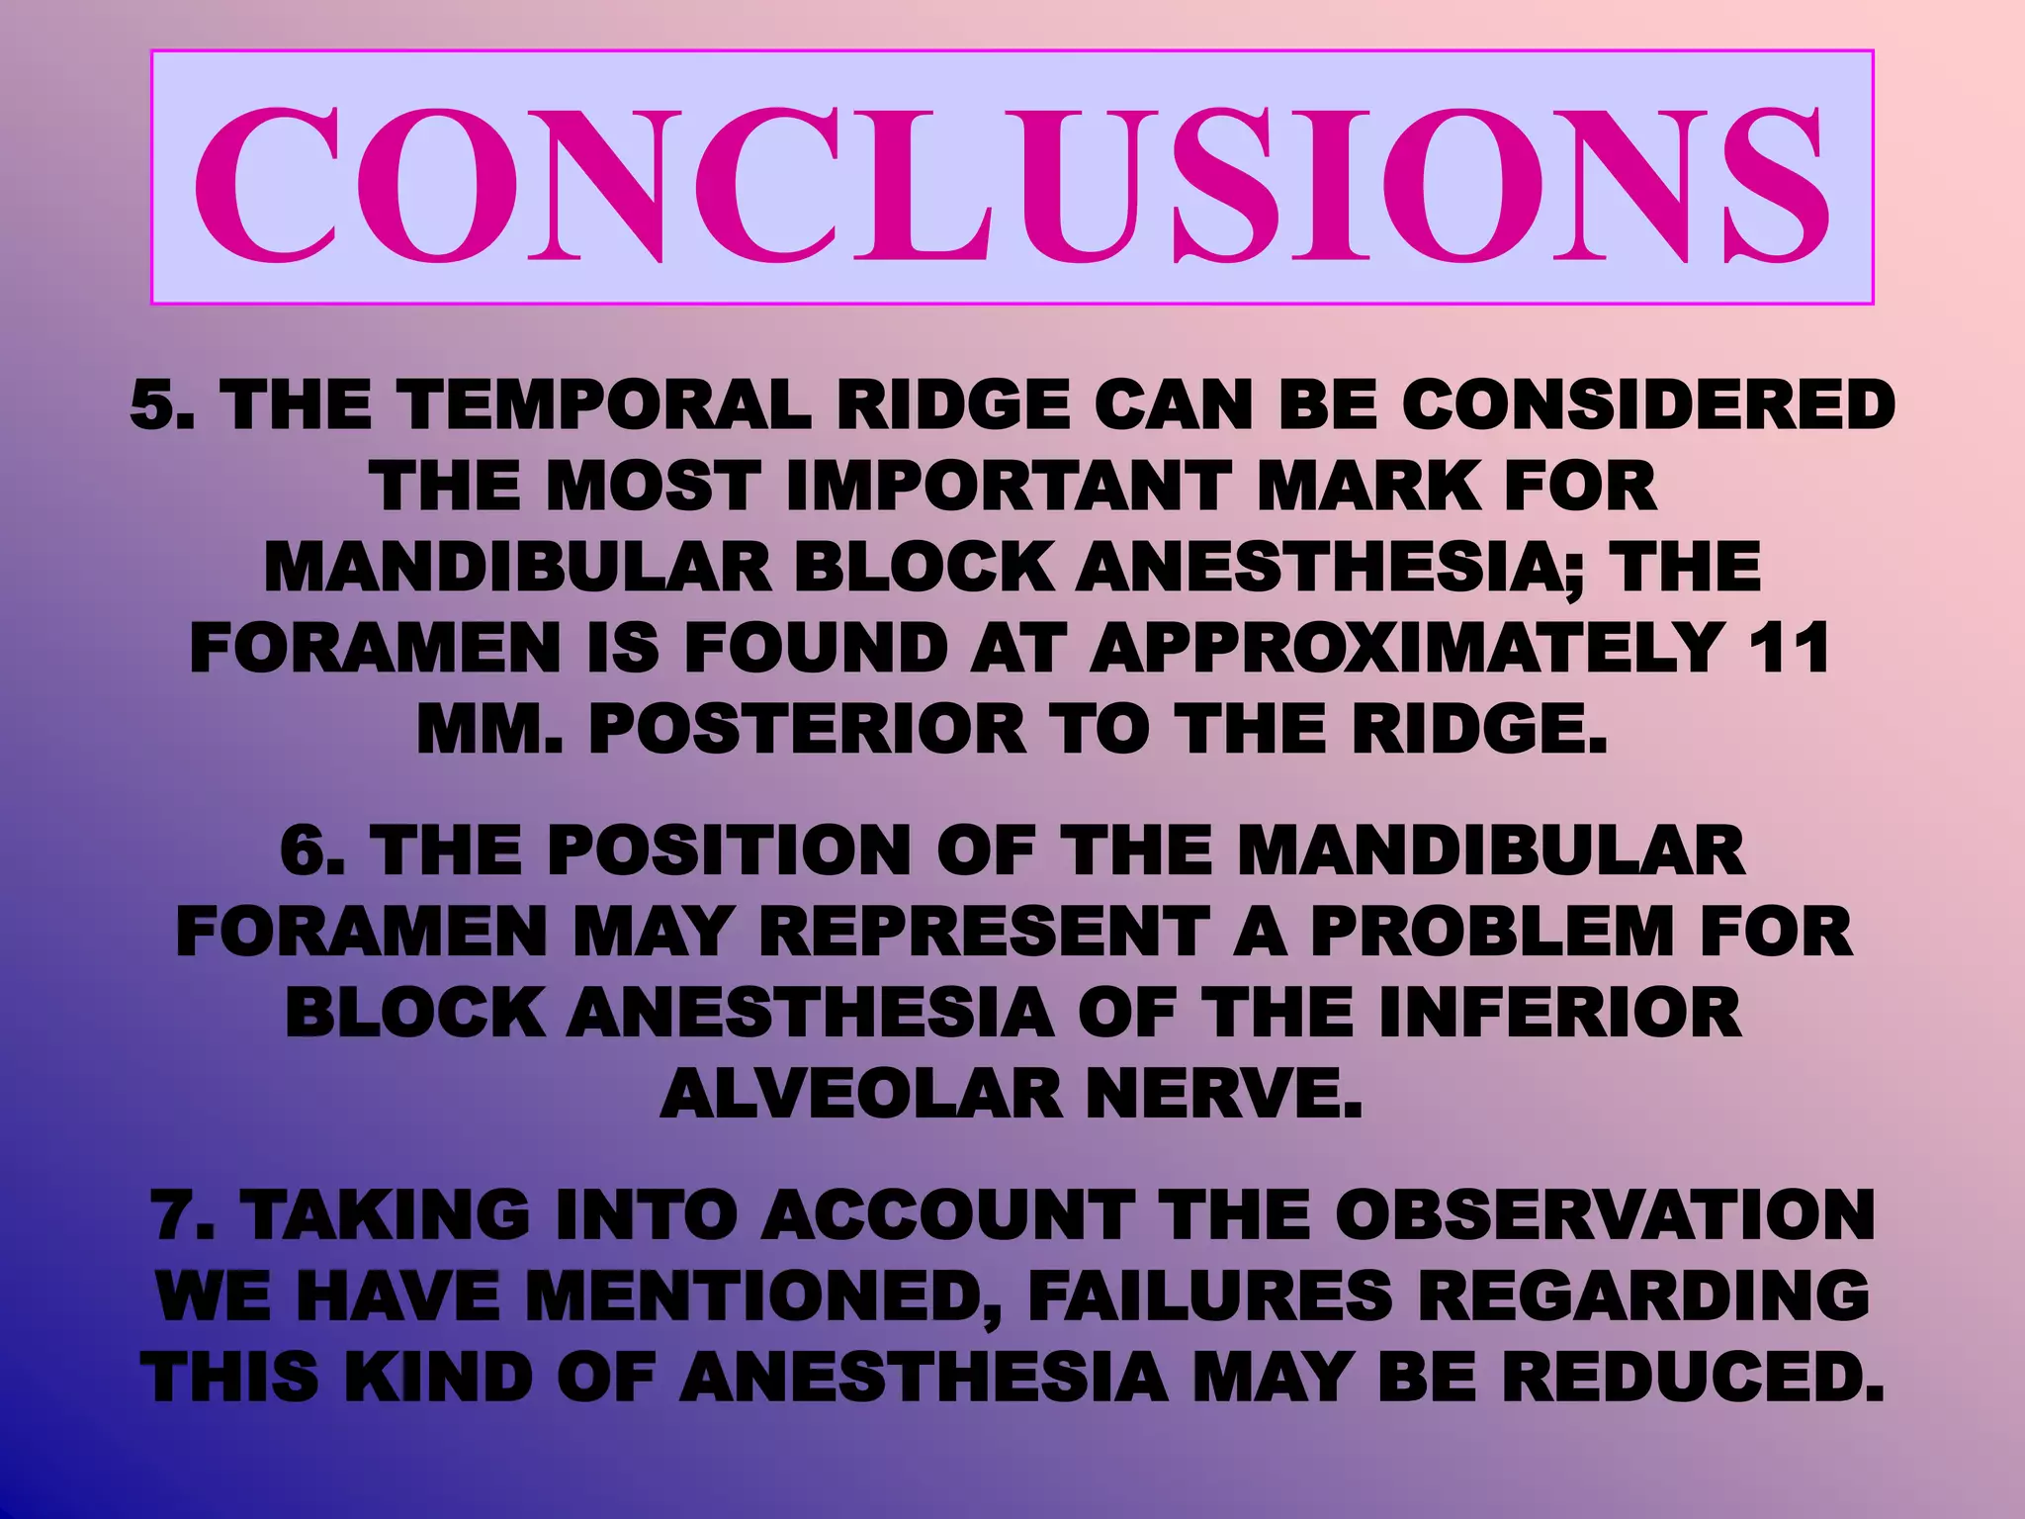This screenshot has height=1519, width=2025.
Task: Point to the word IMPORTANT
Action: (x=1008, y=487)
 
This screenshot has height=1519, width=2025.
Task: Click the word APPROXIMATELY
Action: (x=1405, y=649)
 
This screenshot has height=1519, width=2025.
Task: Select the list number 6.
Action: (x=312, y=850)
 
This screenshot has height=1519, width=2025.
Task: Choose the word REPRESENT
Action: (x=984, y=932)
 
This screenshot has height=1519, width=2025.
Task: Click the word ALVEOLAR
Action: (x=859, y=1096)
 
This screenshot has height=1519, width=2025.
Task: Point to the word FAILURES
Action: (x=1209, y=1296)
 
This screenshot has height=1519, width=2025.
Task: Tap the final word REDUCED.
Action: (x=1692, y=1377)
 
